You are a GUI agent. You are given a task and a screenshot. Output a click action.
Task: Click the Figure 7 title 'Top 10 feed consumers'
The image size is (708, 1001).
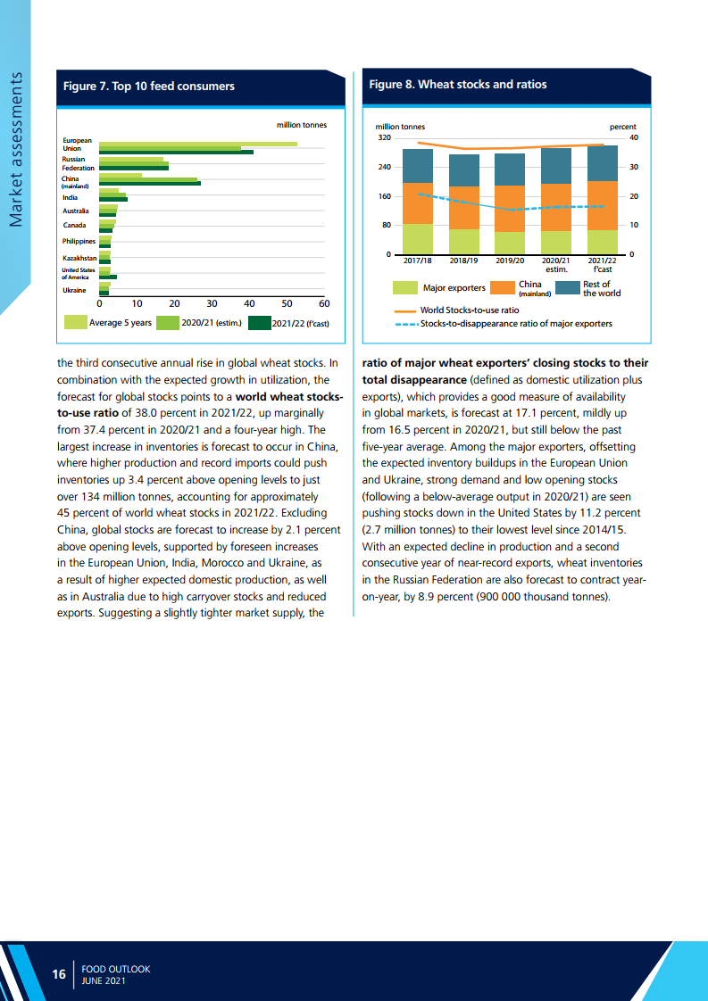[x=148, y=87]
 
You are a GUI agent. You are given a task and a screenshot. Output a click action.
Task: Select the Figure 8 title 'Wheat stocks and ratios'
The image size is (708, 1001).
[x=457, y=85]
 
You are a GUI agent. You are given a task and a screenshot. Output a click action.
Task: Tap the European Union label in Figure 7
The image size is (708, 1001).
[x=77, y=145]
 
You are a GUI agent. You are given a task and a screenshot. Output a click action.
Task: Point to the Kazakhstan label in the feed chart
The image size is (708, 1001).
[x=79, y=258]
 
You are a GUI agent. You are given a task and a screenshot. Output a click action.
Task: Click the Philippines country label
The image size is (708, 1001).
[x=79, y=241]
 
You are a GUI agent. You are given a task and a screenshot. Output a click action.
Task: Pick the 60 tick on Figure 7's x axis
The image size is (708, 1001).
[x=323, y=304]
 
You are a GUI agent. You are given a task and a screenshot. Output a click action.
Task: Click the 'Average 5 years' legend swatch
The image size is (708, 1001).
[x=76, y=323]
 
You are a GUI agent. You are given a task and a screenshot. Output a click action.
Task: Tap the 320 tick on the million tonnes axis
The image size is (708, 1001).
[x=385, y=138]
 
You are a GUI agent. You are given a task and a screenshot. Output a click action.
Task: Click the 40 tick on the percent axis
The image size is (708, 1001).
[x=633, y=138]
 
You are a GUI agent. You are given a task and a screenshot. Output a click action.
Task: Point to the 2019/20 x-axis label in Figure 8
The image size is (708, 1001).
[x=510, y=262]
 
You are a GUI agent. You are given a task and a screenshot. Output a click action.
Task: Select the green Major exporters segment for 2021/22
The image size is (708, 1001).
[x=603, y=242]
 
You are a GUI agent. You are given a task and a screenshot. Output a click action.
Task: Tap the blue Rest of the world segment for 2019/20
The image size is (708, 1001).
[x=510, y=170]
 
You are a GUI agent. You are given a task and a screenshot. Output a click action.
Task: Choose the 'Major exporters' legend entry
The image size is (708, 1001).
[x=454, y=288]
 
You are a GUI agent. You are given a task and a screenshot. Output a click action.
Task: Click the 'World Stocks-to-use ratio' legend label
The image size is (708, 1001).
[x=469, y=310]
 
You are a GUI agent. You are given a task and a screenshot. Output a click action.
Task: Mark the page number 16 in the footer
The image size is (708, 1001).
[x=59, y=974]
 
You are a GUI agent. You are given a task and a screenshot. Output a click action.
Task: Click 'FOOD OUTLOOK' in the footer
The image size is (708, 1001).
[x=115, y=968]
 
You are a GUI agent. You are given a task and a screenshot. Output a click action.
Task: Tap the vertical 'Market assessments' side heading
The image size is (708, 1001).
[x=16, y=148]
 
